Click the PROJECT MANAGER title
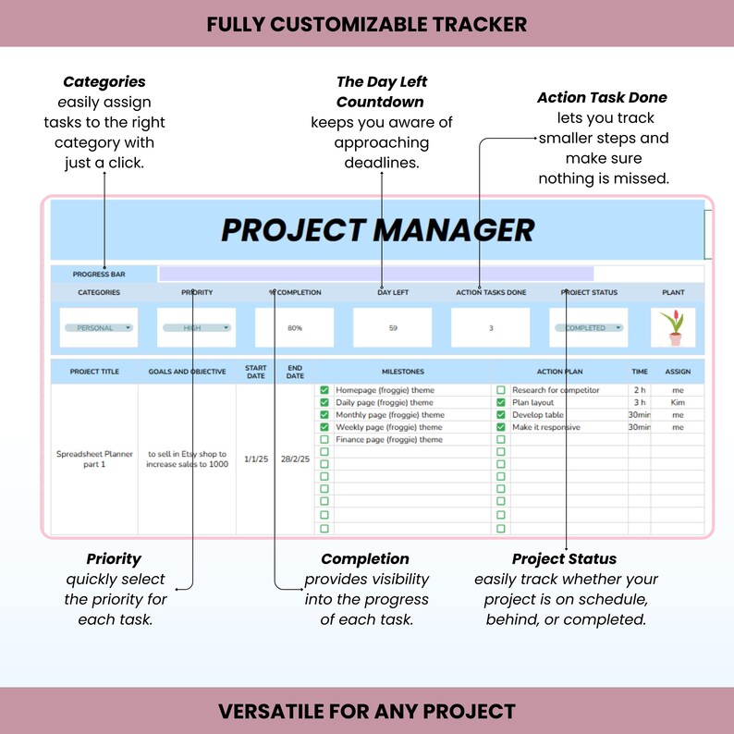pos(377,229)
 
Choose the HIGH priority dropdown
pos(197,328)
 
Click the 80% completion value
pos(295,328)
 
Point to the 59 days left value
pos(393,328)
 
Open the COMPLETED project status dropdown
pos(588,328)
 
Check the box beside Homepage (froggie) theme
pos(324,390)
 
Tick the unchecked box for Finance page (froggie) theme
pos(324,440)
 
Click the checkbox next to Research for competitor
pos(501,390)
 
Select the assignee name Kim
pos(678,403)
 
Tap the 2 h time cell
pos(639,390)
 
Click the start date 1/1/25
pos(256,459)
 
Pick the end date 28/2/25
pos(295,459)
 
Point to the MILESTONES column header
pos(402,372)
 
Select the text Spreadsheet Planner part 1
pos(95,459)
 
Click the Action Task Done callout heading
pos(602,97)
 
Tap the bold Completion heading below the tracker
pos(365,559)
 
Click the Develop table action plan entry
pos(538,415)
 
